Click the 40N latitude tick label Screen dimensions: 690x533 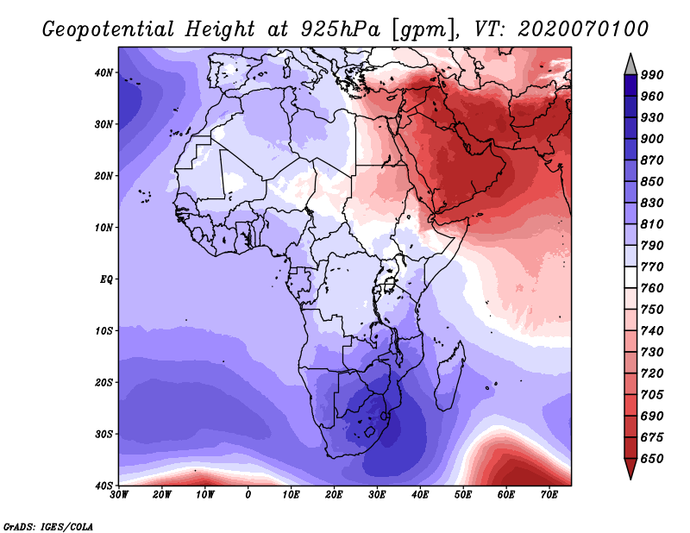pyautogui.click(x=103, y=72)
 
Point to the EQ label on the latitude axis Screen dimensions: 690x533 pyautogui.click(x=106, y=279)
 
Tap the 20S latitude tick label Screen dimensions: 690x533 pyautogui.click(x=103, y=382)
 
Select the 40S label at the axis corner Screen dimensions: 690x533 pyautogui.click(x=103, y=486)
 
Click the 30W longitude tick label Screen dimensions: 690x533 pyautogui.click(x=119, y=495)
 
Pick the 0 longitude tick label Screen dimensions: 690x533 pyautogui.click(x=248, y=495)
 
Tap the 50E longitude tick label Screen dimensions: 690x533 pyautogui.click(x=463, y=495)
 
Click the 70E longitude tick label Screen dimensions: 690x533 pyautogui.click(x=549, y=495)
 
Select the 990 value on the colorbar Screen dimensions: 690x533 pyautogui.click(x=652, y=75)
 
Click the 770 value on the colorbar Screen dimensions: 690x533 pyautogui.click(x=652, y=266)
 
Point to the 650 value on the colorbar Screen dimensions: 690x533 pyautogui.click(x=652, y=459)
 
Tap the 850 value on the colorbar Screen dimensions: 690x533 pyautogui.click(x=652, y=181)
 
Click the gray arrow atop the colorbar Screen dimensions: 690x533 pyautogui.click(x=630, y=66)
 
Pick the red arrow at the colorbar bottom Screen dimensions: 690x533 pyautogui.click(x=630, y=467)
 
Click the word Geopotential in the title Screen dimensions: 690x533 pyautogui.click(x=109, y=29)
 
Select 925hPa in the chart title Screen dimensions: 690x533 pyautogui.click(x=340, y=29)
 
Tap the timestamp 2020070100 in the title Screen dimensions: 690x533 pyautogui.click(x=583, y=29)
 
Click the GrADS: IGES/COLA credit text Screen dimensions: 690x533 pyautogui.click(x=48, y=527)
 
